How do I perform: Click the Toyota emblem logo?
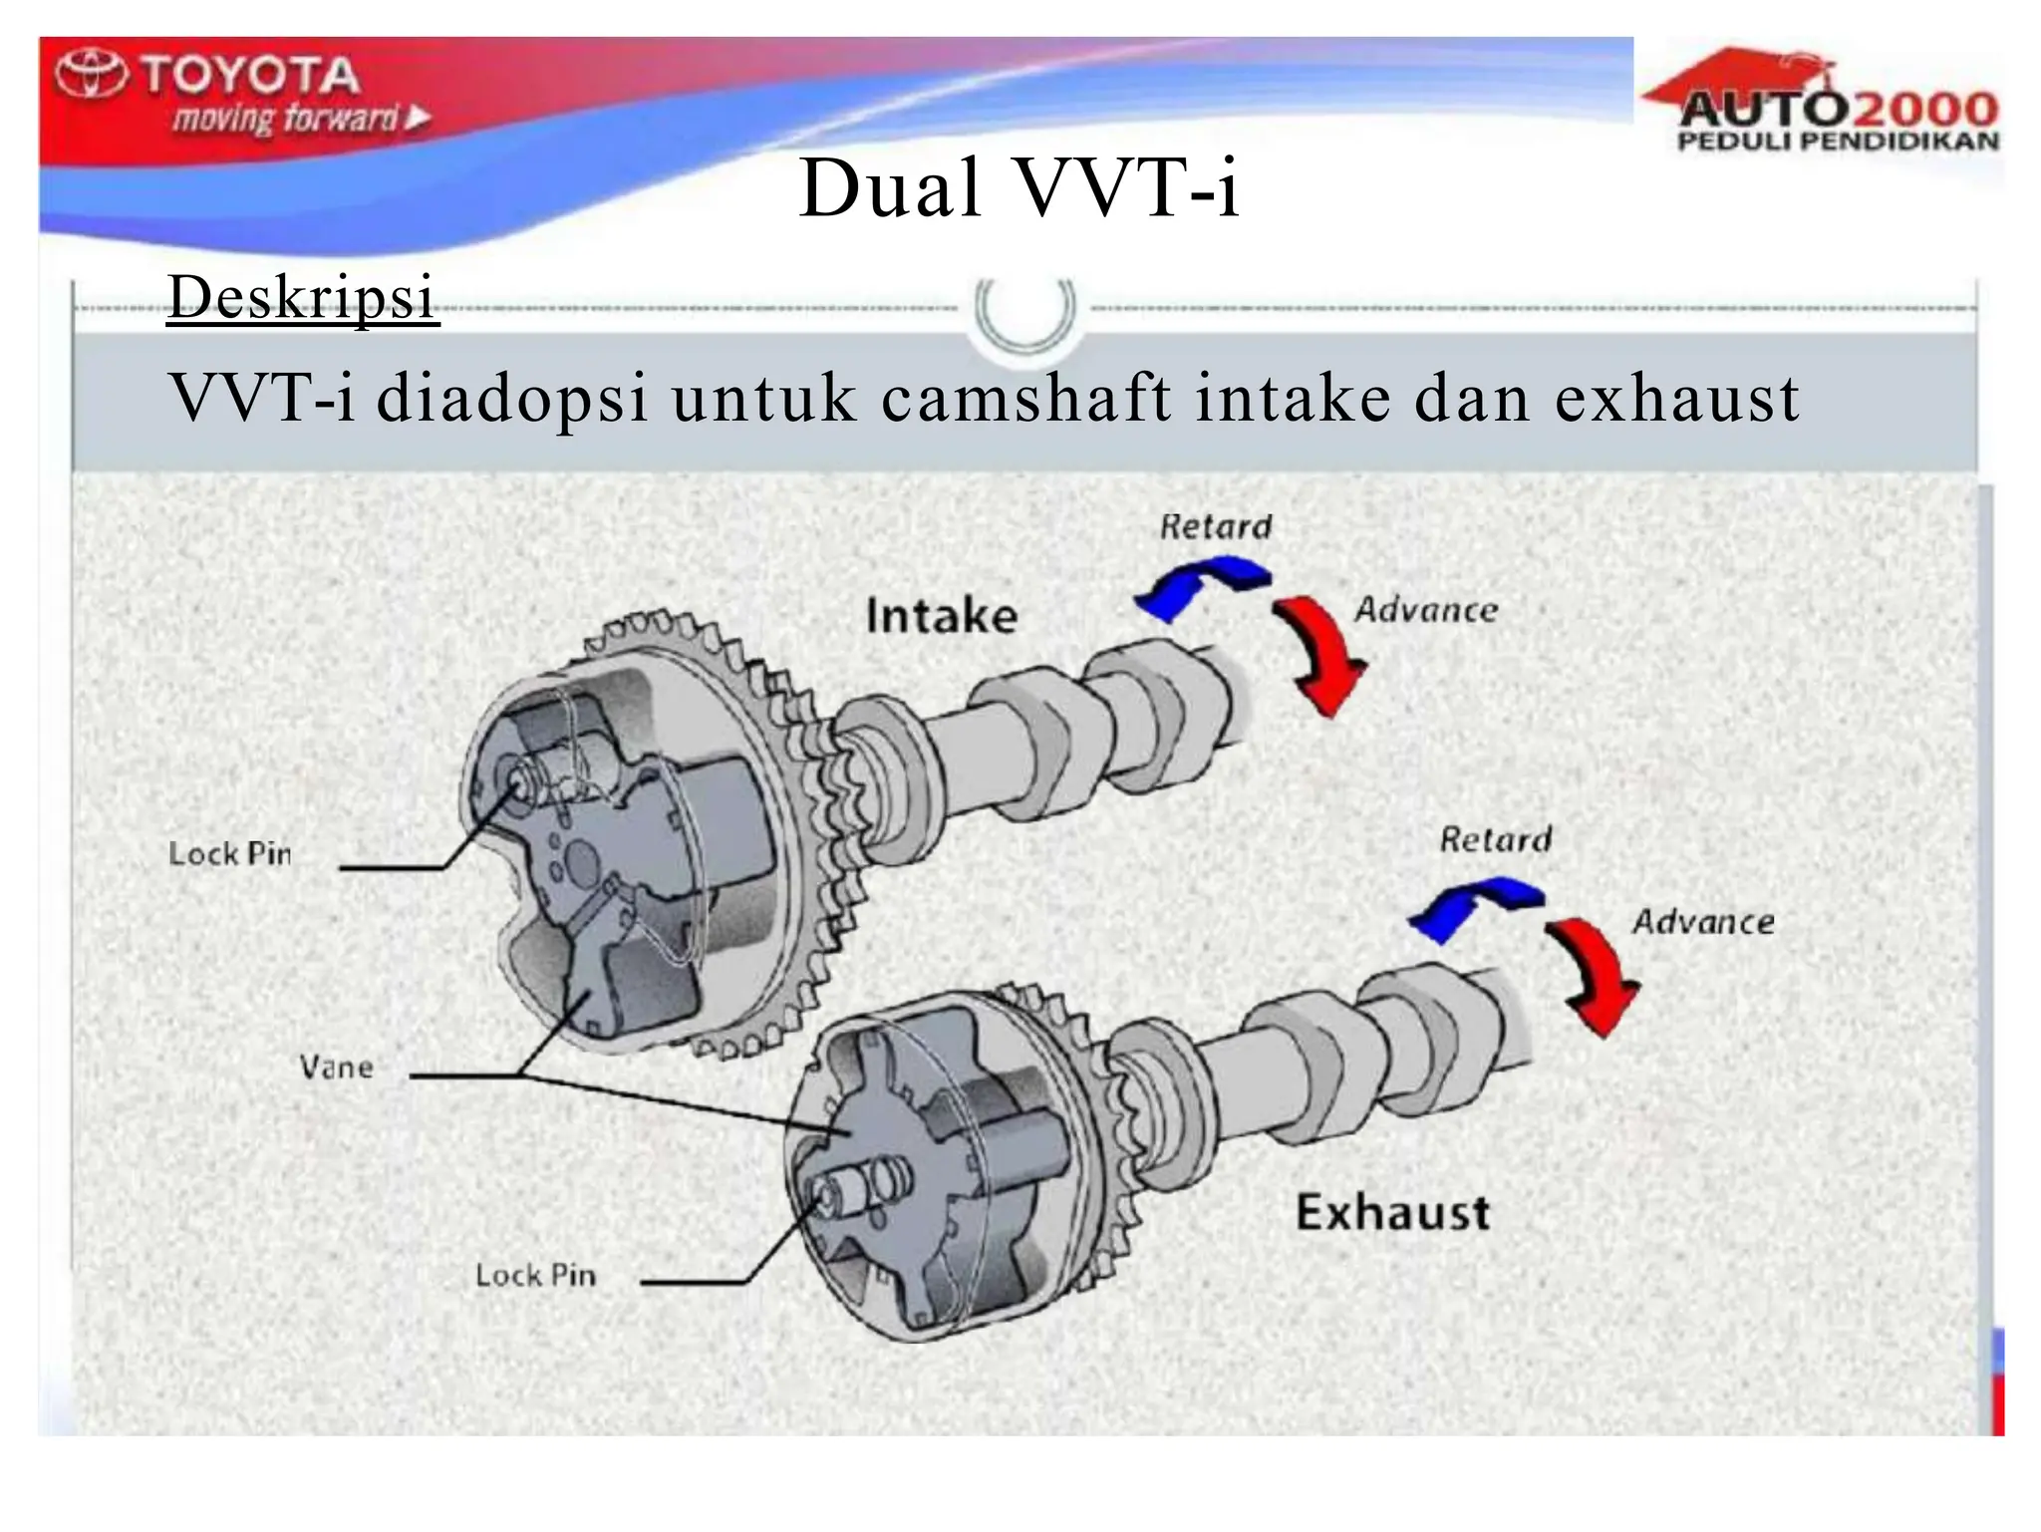point(92,75)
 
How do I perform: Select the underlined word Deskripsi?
point(303,297)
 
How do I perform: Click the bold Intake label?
point(942,615)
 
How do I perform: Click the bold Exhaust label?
point(1392,1213)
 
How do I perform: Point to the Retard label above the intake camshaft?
point(1216,526)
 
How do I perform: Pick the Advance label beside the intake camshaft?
point(1426,610)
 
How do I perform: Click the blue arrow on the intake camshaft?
point(1196,587)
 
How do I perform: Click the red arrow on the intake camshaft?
point(1323,653)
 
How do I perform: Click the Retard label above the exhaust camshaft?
point(1495,839)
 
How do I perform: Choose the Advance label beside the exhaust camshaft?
point(1703,922)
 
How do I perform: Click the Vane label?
point(337,1068)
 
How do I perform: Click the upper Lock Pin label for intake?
point(230,854)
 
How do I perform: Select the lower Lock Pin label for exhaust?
point(535,1275)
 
